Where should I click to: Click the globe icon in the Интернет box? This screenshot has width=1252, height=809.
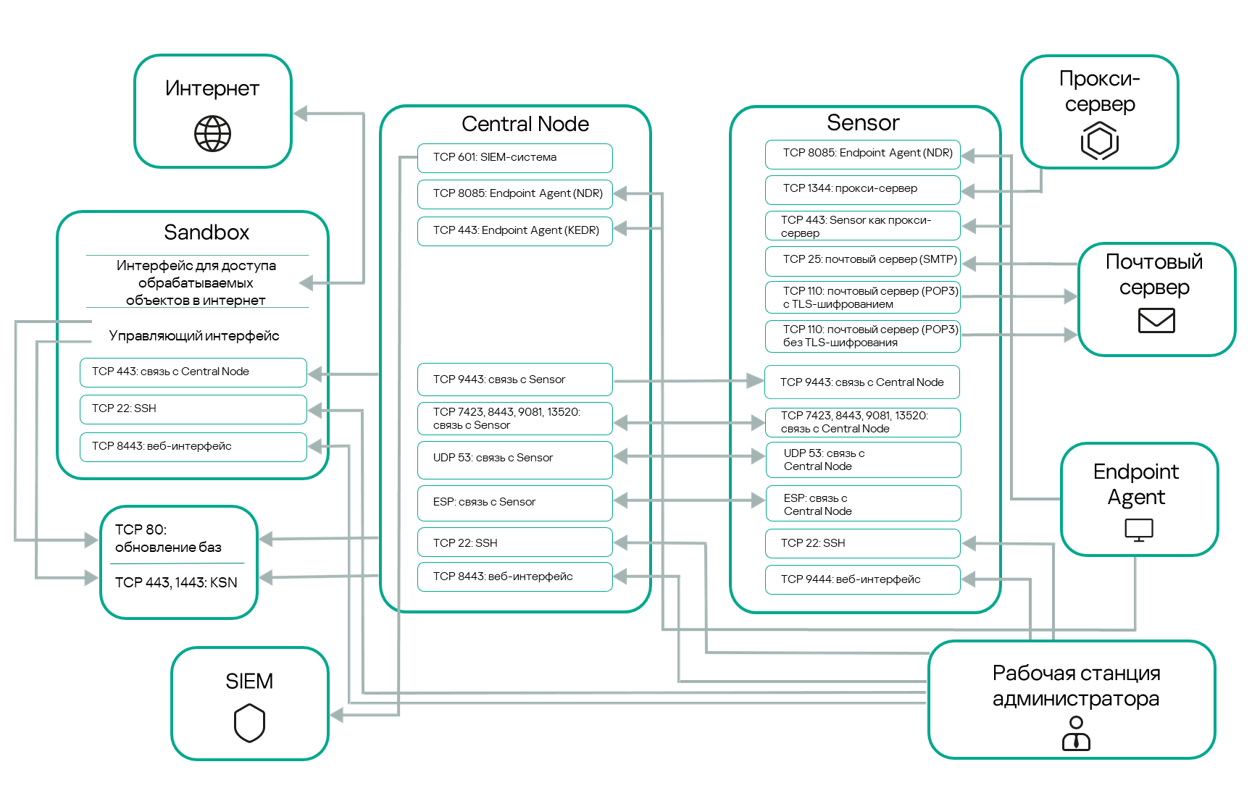212,134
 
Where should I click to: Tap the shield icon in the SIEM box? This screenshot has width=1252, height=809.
249,724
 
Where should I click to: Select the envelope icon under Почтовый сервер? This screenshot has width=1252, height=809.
1156,320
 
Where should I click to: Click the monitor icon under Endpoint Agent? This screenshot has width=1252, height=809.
1138,530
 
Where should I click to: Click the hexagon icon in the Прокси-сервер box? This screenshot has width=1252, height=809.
1099,141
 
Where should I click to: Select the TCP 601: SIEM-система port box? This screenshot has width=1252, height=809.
514,158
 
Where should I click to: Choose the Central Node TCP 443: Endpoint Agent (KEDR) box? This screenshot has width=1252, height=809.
514,231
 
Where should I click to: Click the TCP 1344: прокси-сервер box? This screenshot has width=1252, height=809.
862,189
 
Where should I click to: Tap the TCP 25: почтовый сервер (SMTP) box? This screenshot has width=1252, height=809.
862,260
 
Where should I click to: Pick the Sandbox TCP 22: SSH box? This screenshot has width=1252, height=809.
193,409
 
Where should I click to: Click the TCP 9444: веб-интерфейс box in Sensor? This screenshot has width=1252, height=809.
862,579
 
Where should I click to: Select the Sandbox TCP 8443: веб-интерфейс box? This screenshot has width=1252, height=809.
193,447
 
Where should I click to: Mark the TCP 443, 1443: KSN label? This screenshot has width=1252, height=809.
176,582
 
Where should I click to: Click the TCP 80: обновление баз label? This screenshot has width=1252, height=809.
168,538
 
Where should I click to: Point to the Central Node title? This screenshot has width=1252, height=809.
525,124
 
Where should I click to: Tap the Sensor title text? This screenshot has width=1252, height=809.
863,122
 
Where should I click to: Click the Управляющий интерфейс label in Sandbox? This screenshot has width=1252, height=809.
194,336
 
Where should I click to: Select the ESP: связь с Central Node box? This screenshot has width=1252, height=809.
862,504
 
